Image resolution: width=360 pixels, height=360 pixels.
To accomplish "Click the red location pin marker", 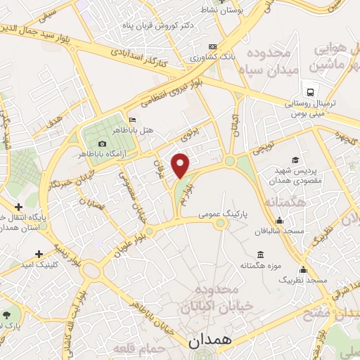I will pos(181,165).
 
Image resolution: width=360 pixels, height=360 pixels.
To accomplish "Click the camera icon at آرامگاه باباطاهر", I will pos(103,144).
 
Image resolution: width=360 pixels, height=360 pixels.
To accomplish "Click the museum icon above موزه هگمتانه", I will pos(261,254).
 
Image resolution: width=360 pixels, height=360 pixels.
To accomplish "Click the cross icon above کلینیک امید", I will pos(38,253).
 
